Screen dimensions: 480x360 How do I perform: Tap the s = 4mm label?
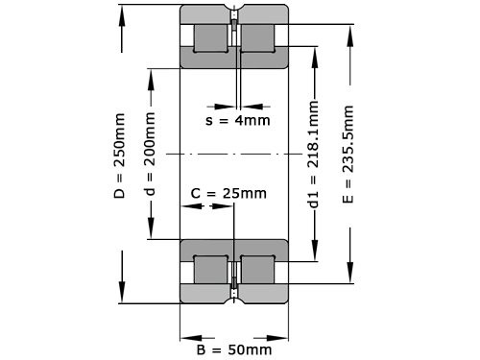click(x=238, y=120)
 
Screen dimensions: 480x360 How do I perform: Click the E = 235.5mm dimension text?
click(x=347, y=155)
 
